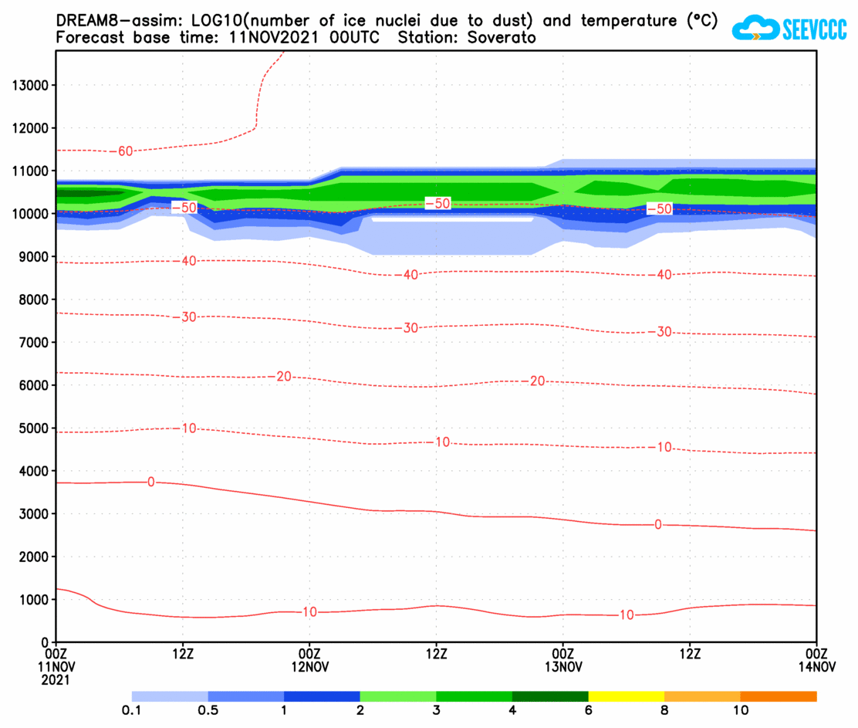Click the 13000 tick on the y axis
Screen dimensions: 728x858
click(29, 85)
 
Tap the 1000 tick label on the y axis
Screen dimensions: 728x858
click(32, 599)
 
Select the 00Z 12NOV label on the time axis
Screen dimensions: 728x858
click(309, 659)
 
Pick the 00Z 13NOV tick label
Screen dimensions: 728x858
click(562, 659)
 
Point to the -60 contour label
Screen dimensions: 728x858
click(124, 151)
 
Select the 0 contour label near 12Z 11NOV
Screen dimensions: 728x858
click(150, 482)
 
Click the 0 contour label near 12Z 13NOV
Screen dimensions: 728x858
click(657, 525)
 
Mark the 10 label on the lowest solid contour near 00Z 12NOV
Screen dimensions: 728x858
click(309, 612)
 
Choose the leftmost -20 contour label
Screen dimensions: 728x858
click(283, 377)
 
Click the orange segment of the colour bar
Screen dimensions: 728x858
click(778, 696)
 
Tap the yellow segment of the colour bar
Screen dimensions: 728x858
click(626, 696)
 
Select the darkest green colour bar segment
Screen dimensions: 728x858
click(550, 696)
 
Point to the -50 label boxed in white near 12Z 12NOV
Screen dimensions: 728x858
click(437, 203)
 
